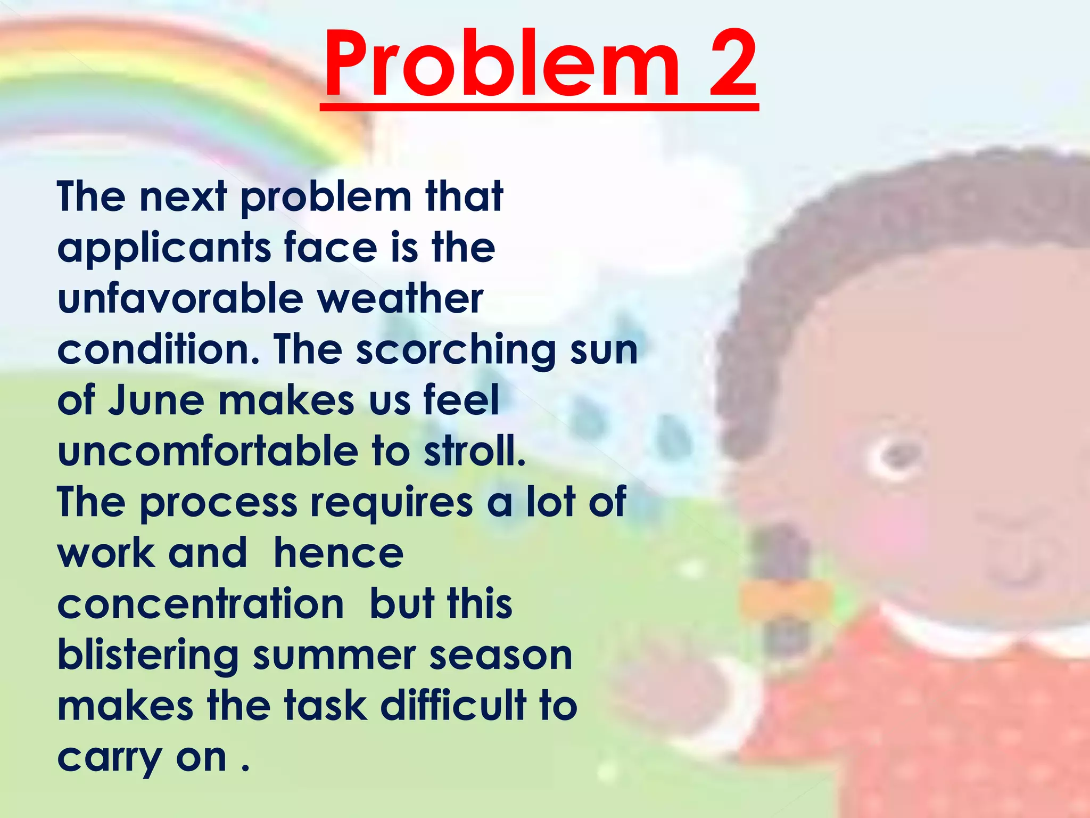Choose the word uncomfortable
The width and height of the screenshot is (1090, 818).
[208, 451]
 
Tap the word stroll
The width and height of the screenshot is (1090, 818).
[474, 451]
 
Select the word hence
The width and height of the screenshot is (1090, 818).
[338, 554]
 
